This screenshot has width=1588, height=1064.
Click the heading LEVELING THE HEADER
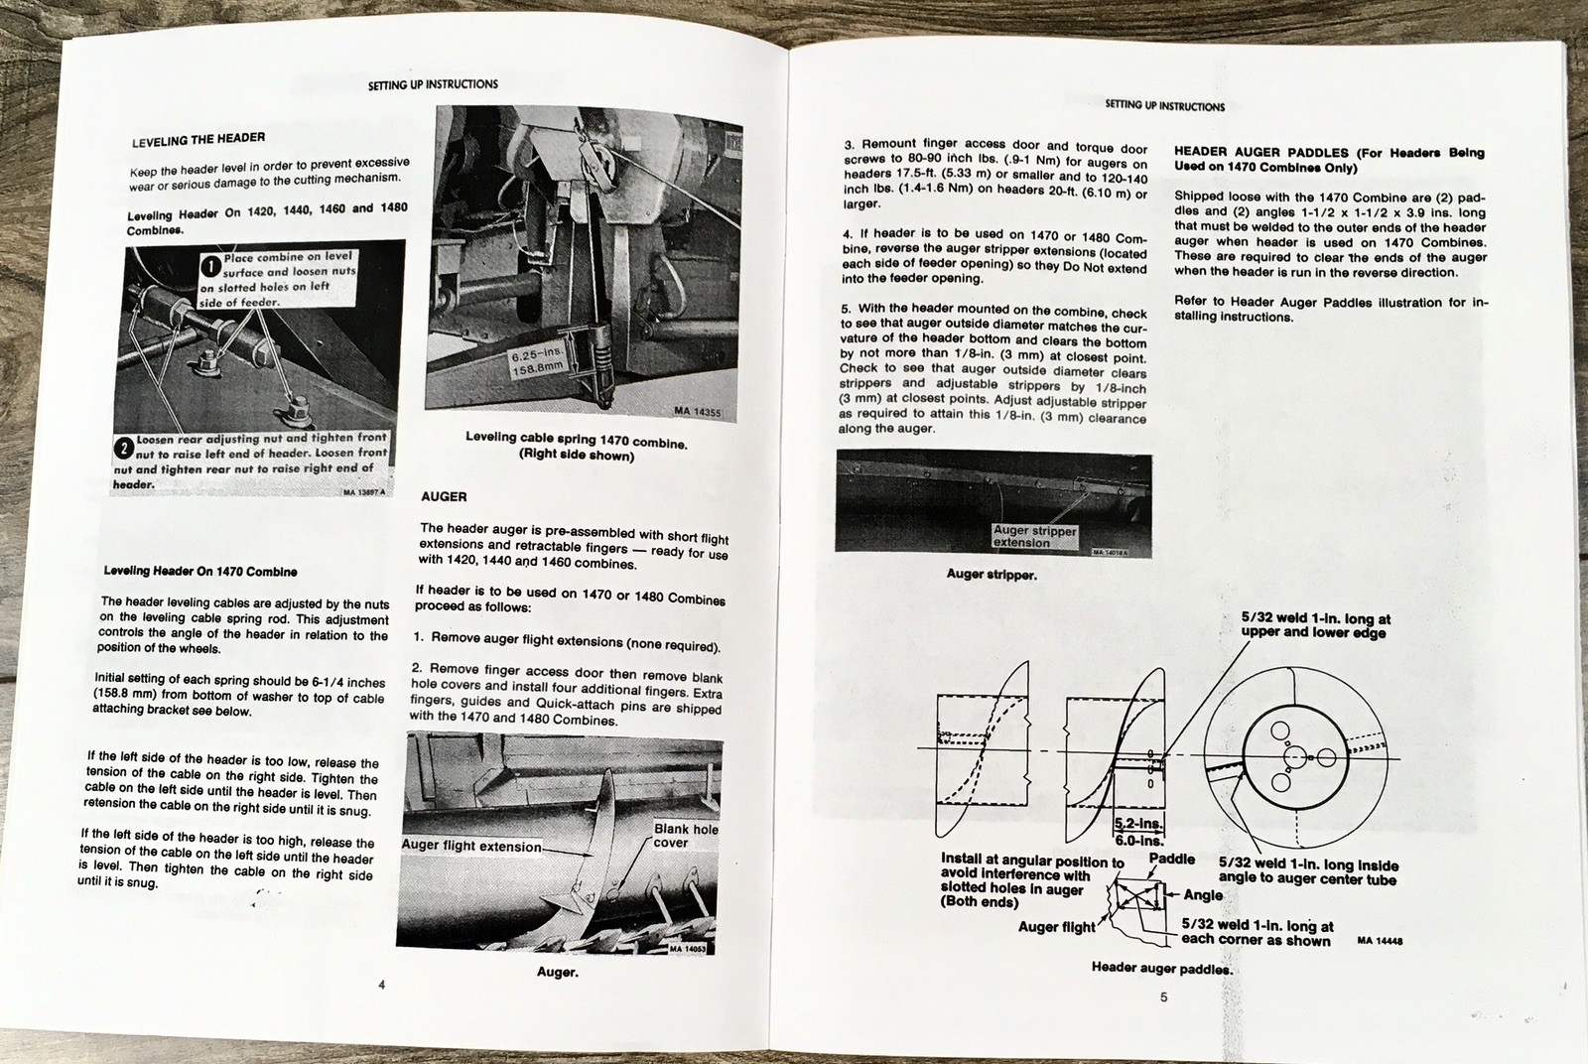pos(198,140)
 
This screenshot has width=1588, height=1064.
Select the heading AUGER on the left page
pos(444,495)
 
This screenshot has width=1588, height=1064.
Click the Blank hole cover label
pos(685,836)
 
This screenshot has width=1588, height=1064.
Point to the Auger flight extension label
pos(471,847)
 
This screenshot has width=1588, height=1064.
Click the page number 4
pos(381,984)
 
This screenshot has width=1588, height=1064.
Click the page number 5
pos(1163,997)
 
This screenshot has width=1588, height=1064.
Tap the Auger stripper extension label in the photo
pos(1034,537)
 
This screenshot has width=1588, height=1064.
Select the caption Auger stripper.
pos(992,574)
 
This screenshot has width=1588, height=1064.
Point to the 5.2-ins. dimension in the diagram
pos(1138,824)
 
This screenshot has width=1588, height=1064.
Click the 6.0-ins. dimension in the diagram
pos(1139,840)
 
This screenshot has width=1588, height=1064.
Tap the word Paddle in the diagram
pos(1171,859)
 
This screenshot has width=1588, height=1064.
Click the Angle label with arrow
pos(1202,894)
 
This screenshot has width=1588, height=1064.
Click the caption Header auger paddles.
pos(1161,968)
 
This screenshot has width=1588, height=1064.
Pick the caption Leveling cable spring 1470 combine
pos(576,441)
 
